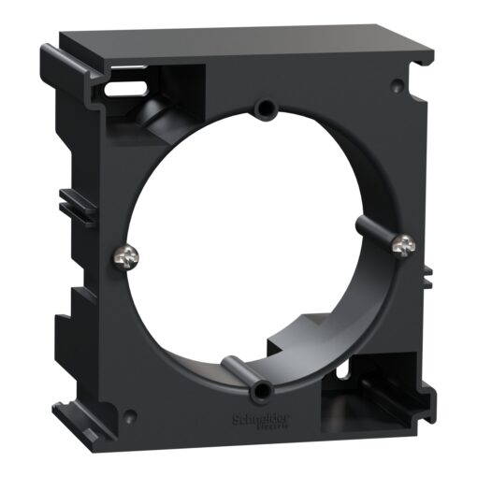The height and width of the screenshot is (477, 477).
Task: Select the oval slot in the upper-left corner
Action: (120, 90)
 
